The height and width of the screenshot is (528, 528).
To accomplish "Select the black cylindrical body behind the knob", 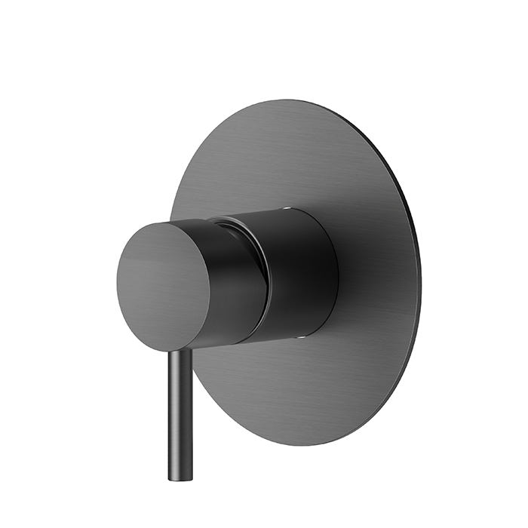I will click(302, 272).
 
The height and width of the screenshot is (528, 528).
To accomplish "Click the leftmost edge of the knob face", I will click(118, 287).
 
